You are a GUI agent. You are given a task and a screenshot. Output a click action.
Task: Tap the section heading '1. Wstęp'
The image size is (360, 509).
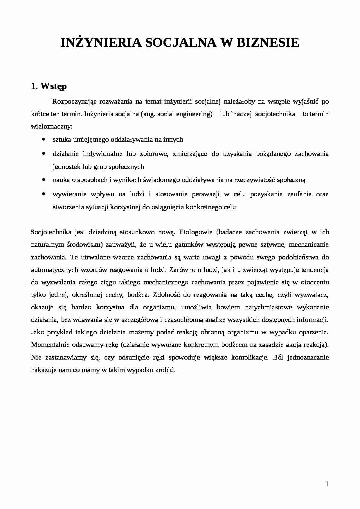49,86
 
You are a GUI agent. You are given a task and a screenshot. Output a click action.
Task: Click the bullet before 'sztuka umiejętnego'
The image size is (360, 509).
43,140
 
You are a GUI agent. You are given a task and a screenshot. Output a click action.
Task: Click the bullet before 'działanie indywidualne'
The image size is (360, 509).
43,154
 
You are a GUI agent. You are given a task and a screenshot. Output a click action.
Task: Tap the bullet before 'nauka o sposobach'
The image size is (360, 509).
43,180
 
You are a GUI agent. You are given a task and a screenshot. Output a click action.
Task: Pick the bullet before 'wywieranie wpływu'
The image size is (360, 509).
43,194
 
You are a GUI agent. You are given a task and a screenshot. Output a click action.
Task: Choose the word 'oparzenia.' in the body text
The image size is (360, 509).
314,332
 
